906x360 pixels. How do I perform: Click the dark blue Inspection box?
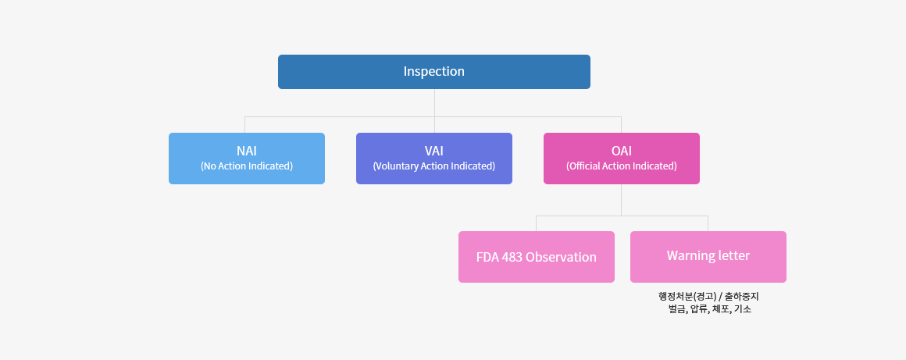point(434,72)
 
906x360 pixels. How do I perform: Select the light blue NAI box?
point(247,159)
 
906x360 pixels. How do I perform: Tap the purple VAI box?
point(434,159)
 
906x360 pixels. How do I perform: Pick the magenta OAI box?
point(622,159)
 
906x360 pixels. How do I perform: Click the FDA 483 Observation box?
point(537,257)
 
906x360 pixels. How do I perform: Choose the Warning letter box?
point(708,257)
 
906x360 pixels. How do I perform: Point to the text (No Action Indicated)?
point(247,166)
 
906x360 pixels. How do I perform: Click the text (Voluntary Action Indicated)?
point(434,166)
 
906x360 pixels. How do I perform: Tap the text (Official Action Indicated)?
point(622,166)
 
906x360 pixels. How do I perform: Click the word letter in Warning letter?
point(732,255)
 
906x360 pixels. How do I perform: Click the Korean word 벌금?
point(676,309)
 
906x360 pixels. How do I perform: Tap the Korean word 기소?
point(743,309)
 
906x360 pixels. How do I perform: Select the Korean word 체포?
point(721,309)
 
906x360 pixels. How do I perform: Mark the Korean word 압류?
point(699,309)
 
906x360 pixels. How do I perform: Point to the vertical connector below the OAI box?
point(622,200)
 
